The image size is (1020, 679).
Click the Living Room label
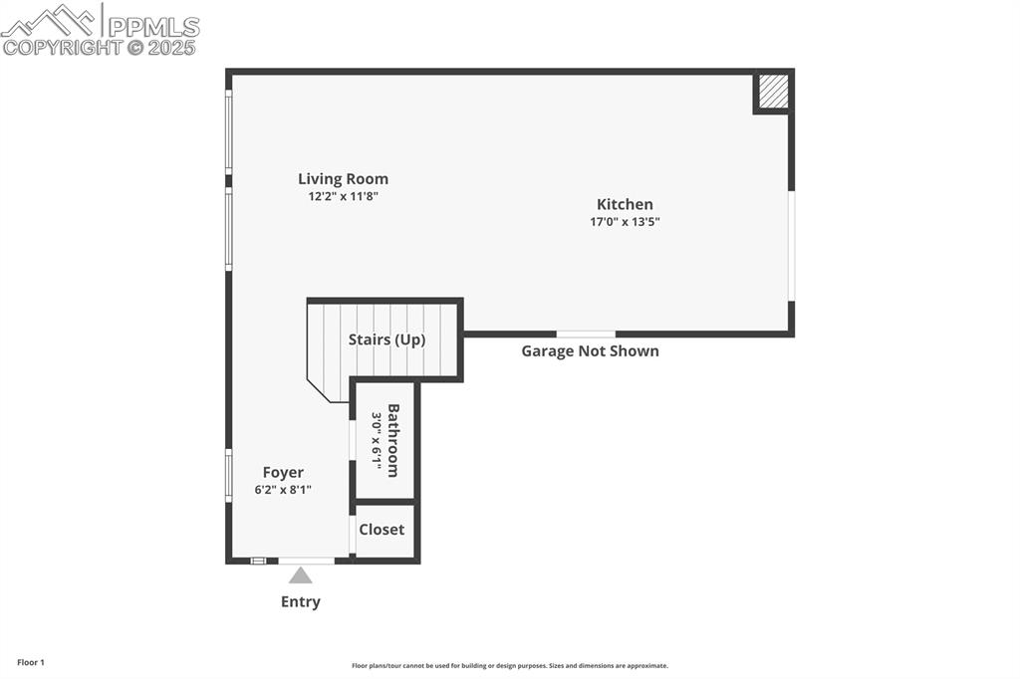click(x=343, y=179)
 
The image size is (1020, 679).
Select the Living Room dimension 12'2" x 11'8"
click(x=343, y=197)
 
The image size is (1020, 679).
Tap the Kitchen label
click(x=625, y=204)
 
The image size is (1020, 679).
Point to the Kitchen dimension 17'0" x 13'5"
click(x=625, y=222)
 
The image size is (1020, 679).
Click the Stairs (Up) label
click(x=386, y=339)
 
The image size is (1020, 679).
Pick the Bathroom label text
click(x=393, y=440)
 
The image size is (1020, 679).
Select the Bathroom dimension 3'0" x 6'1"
click(x=377, y=440)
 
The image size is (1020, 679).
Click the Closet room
click(x=382, y=530)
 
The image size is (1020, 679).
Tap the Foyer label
click(x=283, y=473)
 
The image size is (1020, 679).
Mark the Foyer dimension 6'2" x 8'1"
click(x=283, y=490)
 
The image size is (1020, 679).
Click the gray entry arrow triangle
click(x=300, y=575)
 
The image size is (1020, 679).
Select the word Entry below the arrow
click(x=300, y=601)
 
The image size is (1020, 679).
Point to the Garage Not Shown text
click(x=590, y=351)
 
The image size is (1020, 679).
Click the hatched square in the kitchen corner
click(x=773, y=93)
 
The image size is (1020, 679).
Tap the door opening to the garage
click(x=586, y=334)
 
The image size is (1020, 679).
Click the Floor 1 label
click(x=31, y=662)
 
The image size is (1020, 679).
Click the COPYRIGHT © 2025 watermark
click(x=100, y=47)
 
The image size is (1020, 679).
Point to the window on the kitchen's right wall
click(x=792, y=245)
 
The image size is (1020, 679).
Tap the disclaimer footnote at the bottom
click(x=510, y=666)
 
